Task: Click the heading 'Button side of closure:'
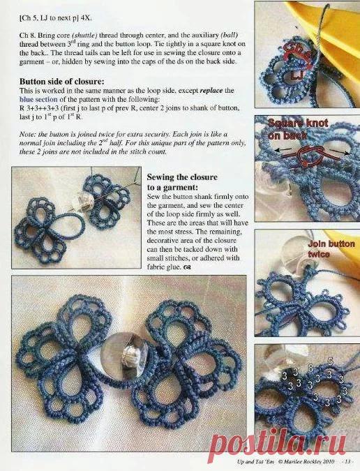(x=62, y=82)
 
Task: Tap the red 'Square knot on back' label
(x=297, y=129)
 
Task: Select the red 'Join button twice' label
(x=331, y=249)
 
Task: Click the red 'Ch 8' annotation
(x=297, y=52)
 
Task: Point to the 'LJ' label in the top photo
(x=297, y=75)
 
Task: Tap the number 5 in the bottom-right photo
(x=330, y=362)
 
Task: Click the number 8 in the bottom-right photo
(x=310, y=368)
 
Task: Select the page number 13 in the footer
(x=347, y=462)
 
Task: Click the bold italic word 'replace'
(x=211, y=91)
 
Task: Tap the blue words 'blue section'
(x=38, y=99)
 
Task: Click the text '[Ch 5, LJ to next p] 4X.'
(x=56, y=18)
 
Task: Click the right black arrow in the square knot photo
(x=340, y=152)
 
